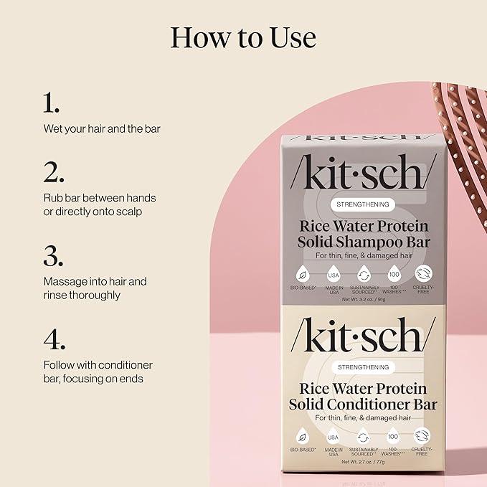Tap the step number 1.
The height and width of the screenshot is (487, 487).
click(49, 103)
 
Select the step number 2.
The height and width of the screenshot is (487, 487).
click(52, 172)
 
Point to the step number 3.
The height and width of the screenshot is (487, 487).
click(52, 256)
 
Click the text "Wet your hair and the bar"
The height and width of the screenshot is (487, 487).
click(101, 129)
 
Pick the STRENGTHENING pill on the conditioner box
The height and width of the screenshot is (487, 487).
click(363, 367)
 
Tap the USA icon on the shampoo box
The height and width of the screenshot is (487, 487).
click(332, 275)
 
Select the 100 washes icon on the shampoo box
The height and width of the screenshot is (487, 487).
click(394, 275)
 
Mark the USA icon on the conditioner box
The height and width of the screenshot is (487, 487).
click(332, 437)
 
